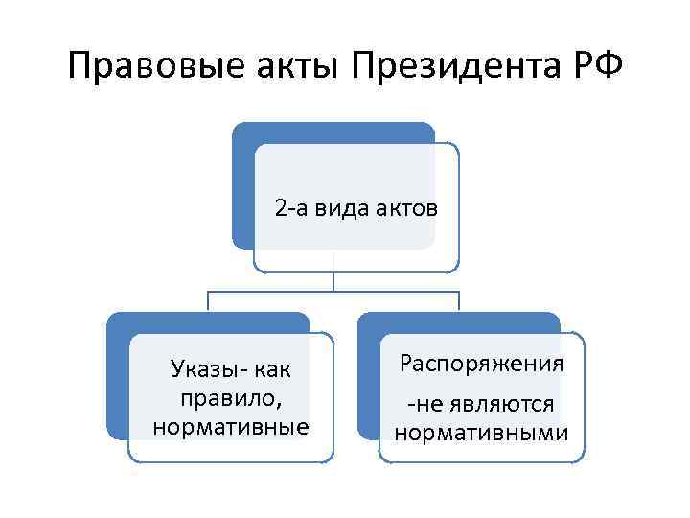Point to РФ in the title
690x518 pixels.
(594, 67)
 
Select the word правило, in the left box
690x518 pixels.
(231, 396)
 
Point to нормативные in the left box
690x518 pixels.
(231, 425)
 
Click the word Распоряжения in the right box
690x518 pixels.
(481, 364)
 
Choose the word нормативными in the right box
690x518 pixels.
(481, 433)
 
